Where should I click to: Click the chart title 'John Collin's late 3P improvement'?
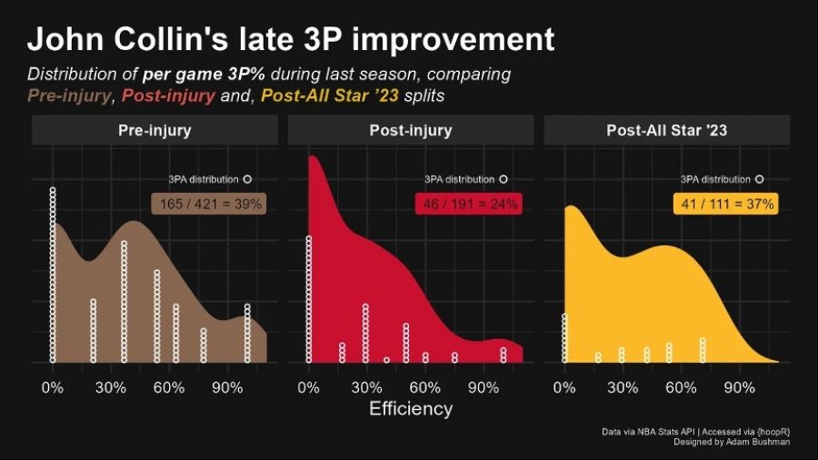[x=291, y=39]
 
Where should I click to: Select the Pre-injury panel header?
[x=155, y=131]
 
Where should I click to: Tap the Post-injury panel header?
[x=411, y=131]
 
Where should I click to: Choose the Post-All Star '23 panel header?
[x=666, y=131]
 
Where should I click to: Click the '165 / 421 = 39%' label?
[x=208, y=205]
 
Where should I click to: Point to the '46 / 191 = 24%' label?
[x=467, y=205]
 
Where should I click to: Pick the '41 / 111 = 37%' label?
[x=724, y=205]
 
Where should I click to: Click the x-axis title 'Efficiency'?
[x=411, y=409]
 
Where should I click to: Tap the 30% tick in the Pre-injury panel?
[x=111, y=387]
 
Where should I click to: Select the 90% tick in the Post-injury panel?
[x=484, y=387]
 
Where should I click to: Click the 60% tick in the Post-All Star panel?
[x=681, y=387]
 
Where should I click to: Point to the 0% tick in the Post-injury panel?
[x=309, y=387]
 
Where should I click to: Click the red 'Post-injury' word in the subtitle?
[x=168, y=95]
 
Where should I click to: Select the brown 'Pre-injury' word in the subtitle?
[x=69, y=95]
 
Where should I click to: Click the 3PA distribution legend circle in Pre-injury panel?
[x=247, y=179]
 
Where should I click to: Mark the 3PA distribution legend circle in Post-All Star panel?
[x=759, y=179]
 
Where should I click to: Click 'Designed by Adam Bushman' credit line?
[x=731, y=442]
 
